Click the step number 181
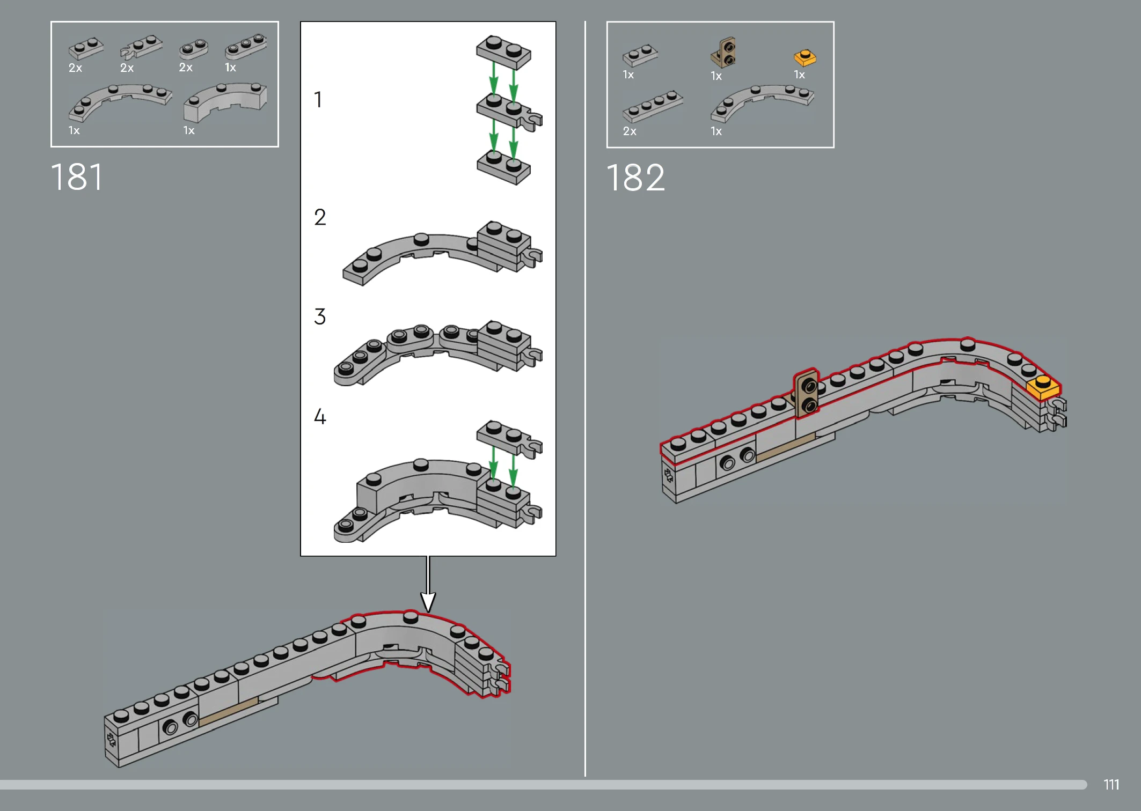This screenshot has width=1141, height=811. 76,177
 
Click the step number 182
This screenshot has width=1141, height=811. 635,178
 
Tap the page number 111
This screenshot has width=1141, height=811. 1111,785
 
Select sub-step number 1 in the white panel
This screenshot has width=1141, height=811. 318,99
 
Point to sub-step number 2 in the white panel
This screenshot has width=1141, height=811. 320,217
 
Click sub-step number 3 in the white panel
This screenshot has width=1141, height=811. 320,316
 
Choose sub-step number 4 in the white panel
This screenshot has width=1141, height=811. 320,416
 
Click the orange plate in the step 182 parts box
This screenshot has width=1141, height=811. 805,57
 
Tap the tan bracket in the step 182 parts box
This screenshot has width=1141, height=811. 723,53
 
